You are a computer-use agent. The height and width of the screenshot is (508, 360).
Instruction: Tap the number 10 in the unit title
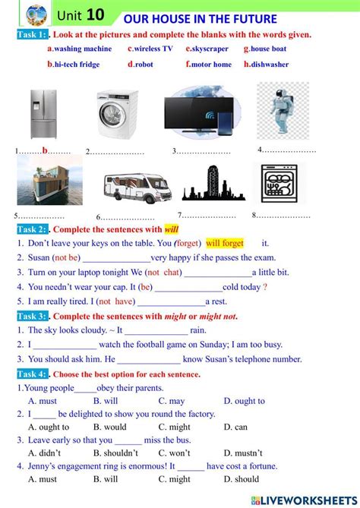96,14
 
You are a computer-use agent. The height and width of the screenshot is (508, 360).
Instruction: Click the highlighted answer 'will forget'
225,243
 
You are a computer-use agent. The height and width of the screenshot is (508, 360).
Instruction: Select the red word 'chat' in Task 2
172,272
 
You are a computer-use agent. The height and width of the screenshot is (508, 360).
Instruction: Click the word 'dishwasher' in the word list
270,65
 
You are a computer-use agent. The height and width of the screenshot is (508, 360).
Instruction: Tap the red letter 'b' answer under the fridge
45,150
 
